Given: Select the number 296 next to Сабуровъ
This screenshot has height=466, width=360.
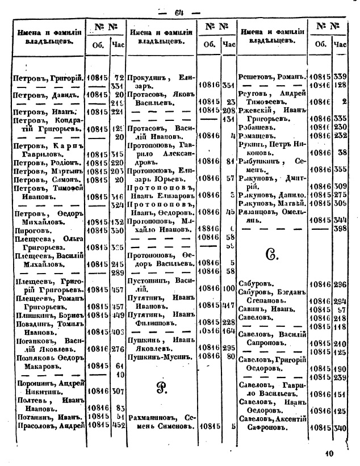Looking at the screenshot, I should click(x=341, y=285).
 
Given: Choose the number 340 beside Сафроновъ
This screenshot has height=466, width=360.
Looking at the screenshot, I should click(x=341, y=428).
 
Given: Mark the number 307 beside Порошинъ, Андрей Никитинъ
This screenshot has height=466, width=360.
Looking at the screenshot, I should click(x=118, y=391).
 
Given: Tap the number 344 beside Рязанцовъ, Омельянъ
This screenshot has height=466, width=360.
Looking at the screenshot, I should click(x=341, y=219).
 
